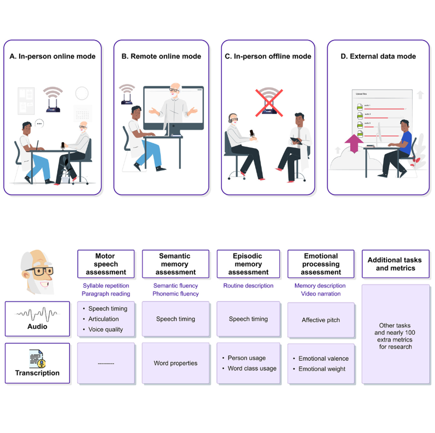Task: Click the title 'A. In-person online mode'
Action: (x=52, y=56)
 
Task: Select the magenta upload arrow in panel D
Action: (x=353, y=145)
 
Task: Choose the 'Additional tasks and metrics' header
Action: (x=395, y=264)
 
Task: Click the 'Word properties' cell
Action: (x=176, y=364)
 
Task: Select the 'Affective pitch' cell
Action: (x=321, y=320)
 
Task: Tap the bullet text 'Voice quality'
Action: (x=106, y=329)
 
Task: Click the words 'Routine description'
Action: (x=248, y=286)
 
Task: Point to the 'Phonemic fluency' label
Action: (x=176, y=294)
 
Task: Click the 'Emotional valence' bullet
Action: (x=323, y=359)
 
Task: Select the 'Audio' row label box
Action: (x=37, y=319)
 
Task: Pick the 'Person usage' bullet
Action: (x=247, y=358)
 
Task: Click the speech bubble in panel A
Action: (x=38, y=123)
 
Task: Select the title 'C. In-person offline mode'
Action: (x=268, y=56)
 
